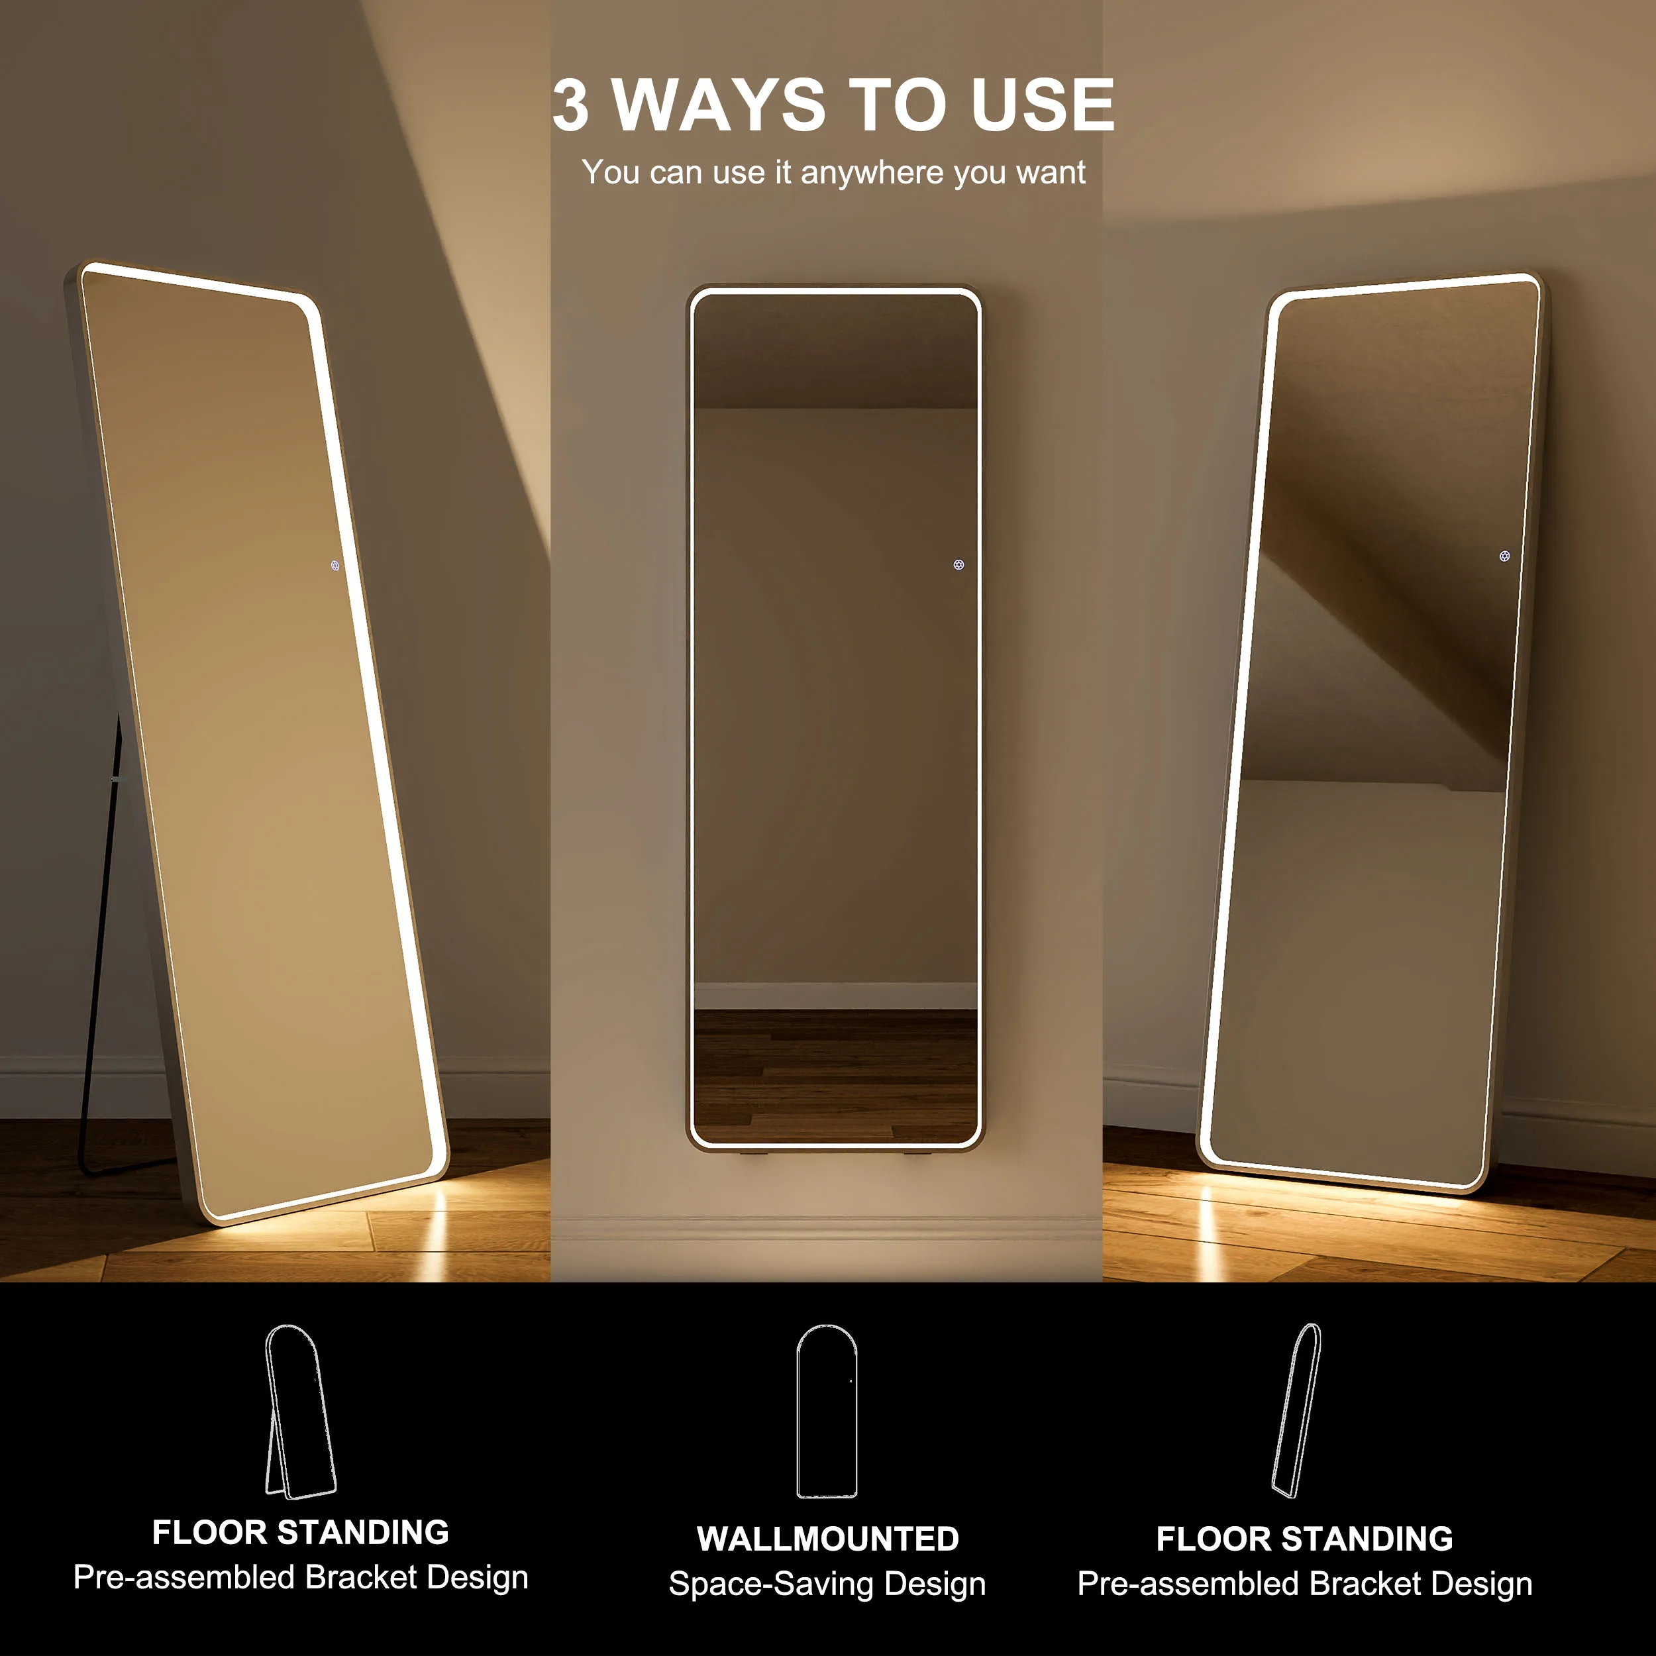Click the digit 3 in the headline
[571, 105]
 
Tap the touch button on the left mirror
[335, 566]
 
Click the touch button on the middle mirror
[958, 565]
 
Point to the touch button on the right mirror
[1504, 556]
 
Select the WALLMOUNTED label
[827, 1539]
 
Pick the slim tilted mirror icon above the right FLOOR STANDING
[1297, 1410]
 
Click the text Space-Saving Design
[827, 1584]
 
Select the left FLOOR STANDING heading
[300, 1531]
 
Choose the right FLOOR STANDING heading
[1304, 1539]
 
